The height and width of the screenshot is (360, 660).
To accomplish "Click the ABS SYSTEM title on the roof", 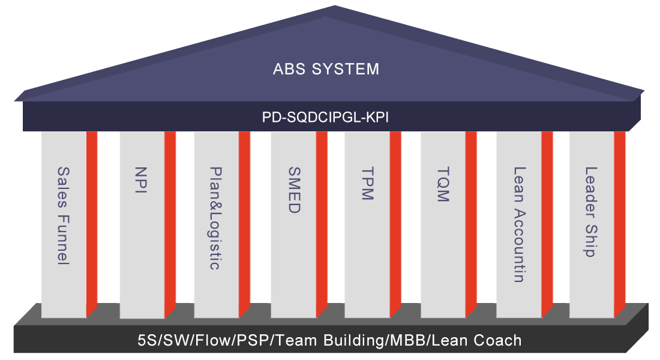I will (x=326, y=68).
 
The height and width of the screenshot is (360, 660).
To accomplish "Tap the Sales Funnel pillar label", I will (x=63, y=216).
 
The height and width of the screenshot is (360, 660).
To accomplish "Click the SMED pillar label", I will (x=293, y=191).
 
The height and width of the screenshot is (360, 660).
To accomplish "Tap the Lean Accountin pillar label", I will (x=519, y=224).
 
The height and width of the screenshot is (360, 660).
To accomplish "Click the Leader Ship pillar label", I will (x=592, y=212).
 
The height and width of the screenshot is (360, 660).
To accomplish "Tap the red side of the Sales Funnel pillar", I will (x=92, y=222).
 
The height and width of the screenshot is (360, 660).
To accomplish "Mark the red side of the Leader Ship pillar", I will (x=620, y=222).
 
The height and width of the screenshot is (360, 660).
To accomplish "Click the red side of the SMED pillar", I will (x=322, y=222).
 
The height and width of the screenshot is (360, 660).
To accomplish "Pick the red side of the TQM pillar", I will (x=471, y=222).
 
